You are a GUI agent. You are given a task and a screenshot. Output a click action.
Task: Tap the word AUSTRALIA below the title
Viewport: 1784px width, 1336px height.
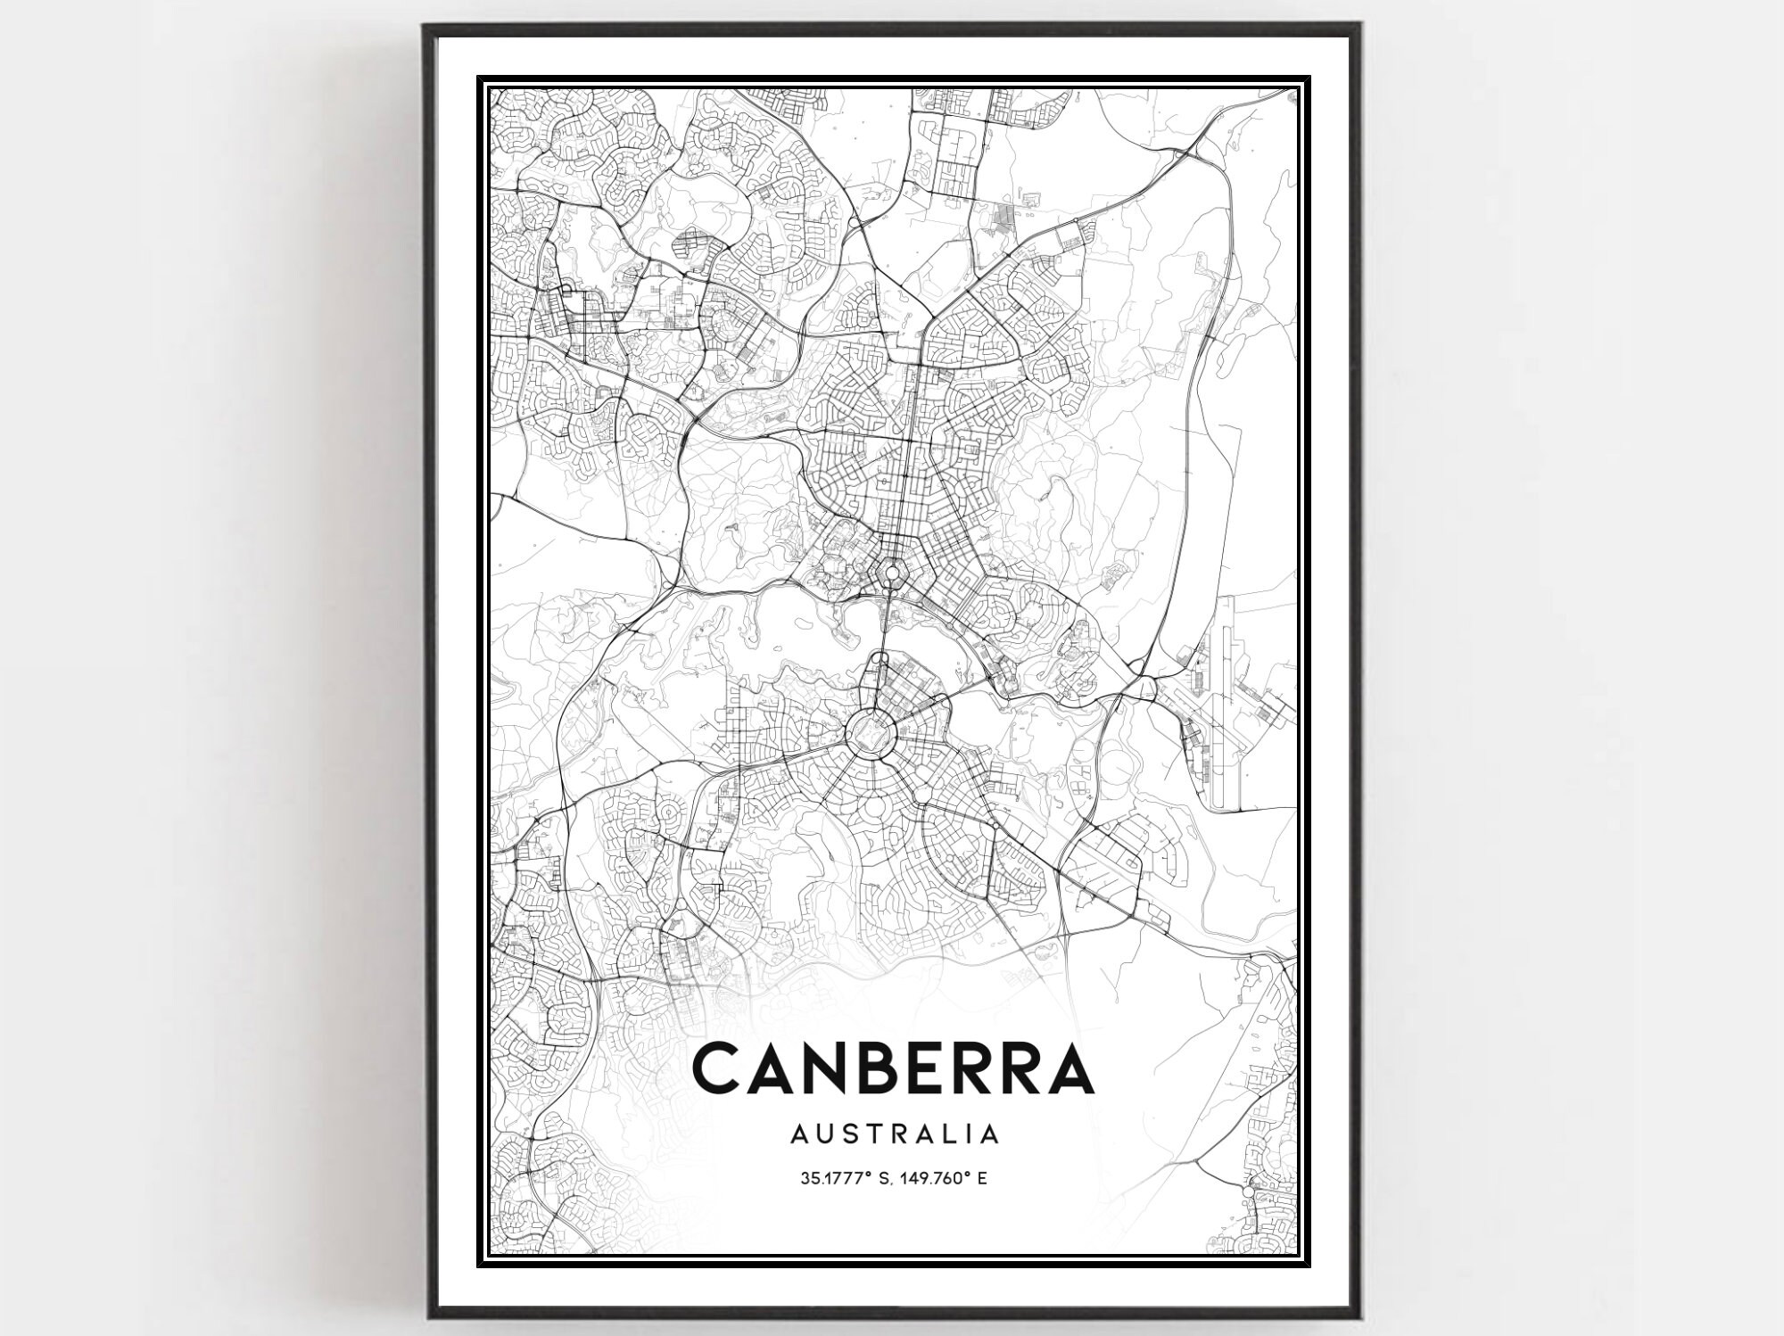893,1134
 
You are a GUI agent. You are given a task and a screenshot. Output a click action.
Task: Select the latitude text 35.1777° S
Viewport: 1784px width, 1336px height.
845,1178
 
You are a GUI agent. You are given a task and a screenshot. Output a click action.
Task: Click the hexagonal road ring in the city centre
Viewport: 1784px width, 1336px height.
890,570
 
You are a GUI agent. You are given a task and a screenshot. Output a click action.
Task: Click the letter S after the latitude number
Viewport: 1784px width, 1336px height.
886,1178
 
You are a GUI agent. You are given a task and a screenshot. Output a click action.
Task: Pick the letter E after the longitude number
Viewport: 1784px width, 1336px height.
981,1178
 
